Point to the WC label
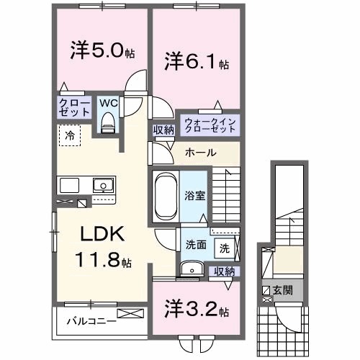107,103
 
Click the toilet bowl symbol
109,124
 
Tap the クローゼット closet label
74,108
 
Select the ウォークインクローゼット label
209,125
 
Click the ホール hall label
199,153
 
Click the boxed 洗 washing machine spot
225,248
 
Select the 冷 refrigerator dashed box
70,135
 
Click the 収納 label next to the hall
163,130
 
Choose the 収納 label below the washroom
224,271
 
